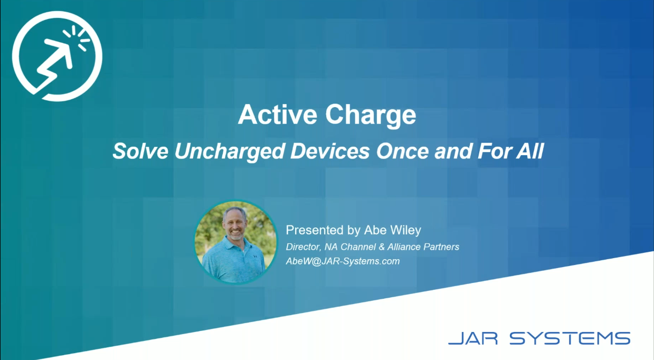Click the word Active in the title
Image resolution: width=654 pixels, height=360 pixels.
pos(277,115)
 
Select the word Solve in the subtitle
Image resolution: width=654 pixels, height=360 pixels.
pos(140,151)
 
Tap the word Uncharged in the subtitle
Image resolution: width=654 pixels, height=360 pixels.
pos(230,152)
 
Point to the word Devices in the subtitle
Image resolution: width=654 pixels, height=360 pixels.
pos(330,151)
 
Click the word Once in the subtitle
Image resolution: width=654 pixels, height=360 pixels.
pos(402,151)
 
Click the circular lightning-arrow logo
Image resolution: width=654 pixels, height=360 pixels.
pos(57,56)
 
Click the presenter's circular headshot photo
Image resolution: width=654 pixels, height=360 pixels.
pos(235,242)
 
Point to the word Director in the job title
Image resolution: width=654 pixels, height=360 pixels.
pos(304,247)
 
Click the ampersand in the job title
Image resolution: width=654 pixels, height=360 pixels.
pos(381,247)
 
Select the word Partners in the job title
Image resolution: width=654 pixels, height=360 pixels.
pos(441,247)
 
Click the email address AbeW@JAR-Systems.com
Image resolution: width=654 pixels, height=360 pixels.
pos(343,261)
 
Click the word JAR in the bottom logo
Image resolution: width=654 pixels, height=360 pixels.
pos(473,338)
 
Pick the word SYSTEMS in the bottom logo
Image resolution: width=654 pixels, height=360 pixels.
pos(570,338)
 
